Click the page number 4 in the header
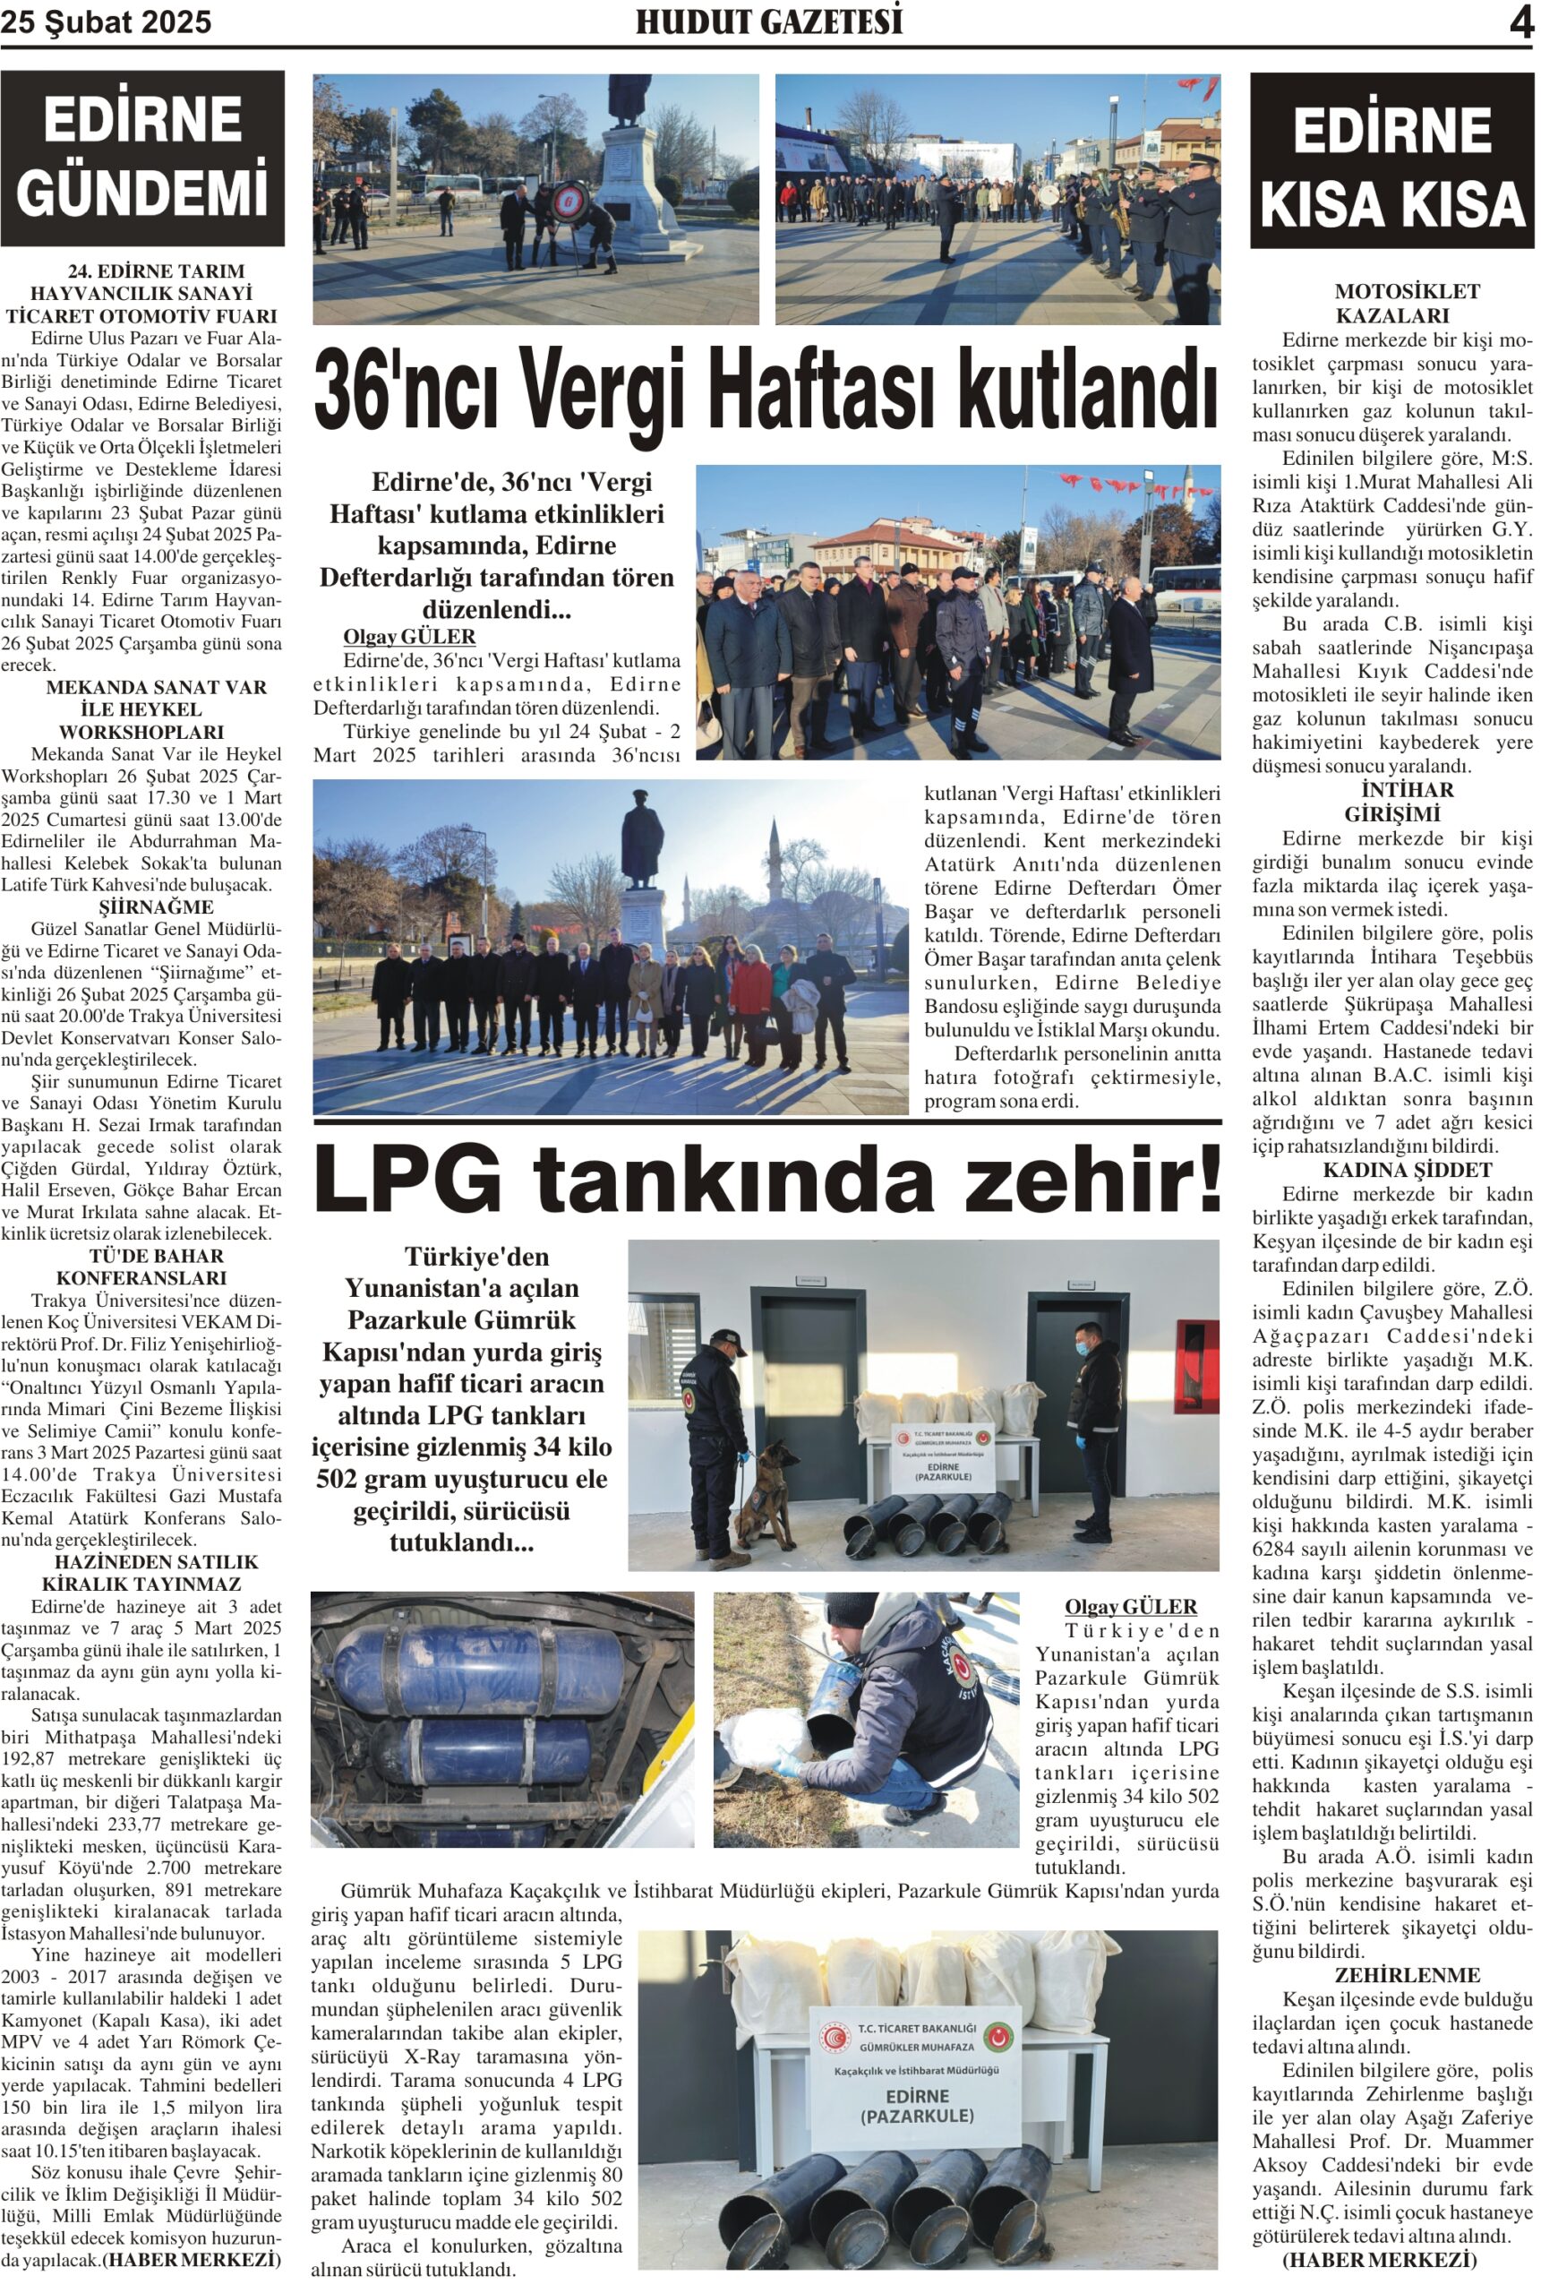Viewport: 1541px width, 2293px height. tap(1520, 22)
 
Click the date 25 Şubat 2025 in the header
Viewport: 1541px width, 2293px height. tap(107, 22)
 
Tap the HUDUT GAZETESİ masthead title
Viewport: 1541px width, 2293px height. tap(768, 21)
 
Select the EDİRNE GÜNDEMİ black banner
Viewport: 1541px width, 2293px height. tap(142, 158)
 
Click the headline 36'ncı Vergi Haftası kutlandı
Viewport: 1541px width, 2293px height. tap(766, 388)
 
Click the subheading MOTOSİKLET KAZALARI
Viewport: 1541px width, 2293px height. tap(1391, 304)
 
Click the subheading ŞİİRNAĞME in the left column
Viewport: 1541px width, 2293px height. tap(155, 906)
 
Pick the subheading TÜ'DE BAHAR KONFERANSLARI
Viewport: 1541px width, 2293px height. tap(141, 1267)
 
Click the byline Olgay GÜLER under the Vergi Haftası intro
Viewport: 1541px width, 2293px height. tap(409, 637)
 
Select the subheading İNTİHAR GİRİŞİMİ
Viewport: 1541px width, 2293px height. tap(1391, 802)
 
